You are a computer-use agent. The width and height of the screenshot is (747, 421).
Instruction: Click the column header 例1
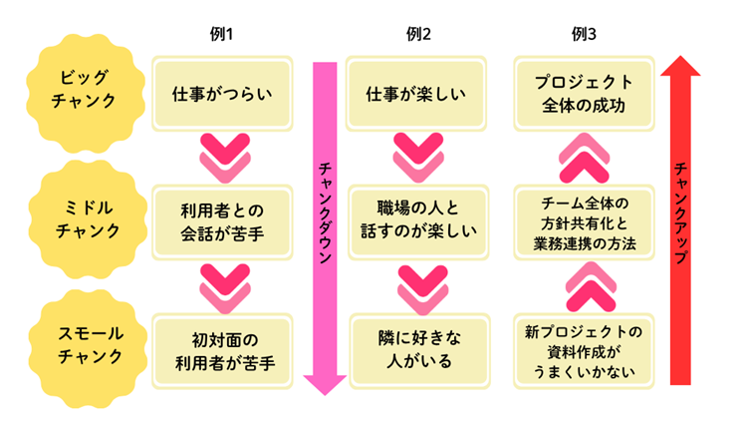pyautogui.click(x=221, y=34)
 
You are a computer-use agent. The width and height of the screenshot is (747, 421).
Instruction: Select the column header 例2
pyautogui.click(x=419, y=34)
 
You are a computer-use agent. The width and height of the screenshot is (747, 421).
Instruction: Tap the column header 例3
pyautogui.click(x=585, y=34)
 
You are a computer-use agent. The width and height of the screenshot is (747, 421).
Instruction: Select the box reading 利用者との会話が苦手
pyautogui.click(x=221, y=222)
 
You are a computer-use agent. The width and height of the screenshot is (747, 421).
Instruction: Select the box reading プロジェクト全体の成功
pyautogui.click(x=585, y=93)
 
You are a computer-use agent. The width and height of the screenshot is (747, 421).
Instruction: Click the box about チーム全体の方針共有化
pyautogui.click(x=585, y=222)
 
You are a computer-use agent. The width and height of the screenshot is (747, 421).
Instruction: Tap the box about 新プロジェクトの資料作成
pyautogui.click(x=585, y=349)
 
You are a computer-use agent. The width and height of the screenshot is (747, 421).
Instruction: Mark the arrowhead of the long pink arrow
pyautogui.click(x=325, y=382)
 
